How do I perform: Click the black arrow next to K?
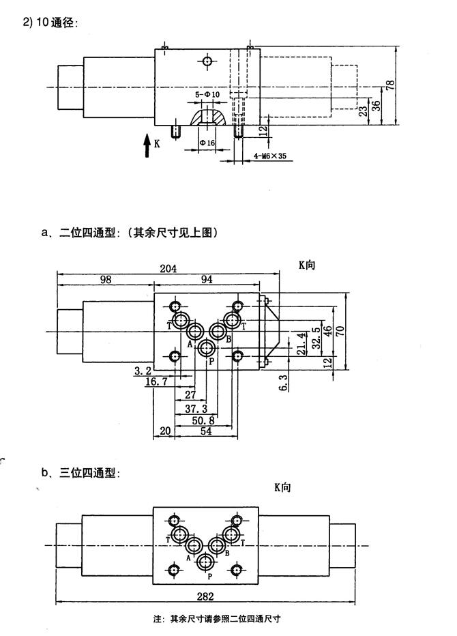click(x=147, y=146)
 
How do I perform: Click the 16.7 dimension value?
click(x=156, y=384)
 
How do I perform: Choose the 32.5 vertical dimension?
click(x=316, y=338)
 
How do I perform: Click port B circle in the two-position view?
click(x=218, y=332)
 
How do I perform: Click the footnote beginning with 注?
click(x=218, y=619)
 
